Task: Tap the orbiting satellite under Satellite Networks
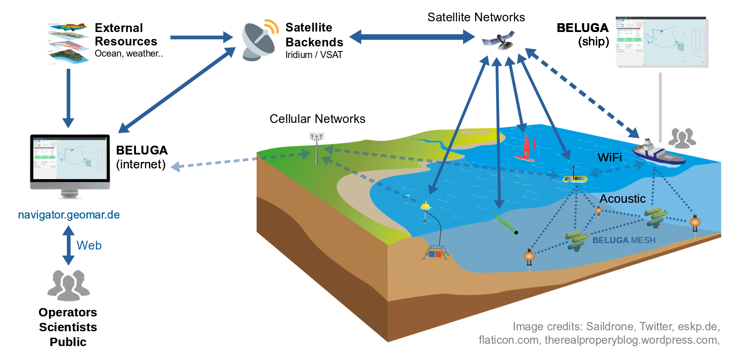pos(498,40)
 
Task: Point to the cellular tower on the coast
pos(316,148)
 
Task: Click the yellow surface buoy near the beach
pos(425,206)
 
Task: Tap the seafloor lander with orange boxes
pos(435,253)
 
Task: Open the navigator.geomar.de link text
pos(69,215)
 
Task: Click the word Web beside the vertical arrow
pos(89,245)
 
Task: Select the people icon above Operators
pos(68,285)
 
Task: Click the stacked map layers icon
pos(68,43)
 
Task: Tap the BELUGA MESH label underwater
pos(624,240)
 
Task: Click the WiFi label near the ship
pos(609,158)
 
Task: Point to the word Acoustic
pos(622,199)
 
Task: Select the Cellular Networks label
pos(317,119)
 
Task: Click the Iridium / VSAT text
pos(314,55)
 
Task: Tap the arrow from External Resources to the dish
pos(201,37)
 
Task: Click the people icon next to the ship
pos(682,138)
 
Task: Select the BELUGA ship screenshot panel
pos(661,42)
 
